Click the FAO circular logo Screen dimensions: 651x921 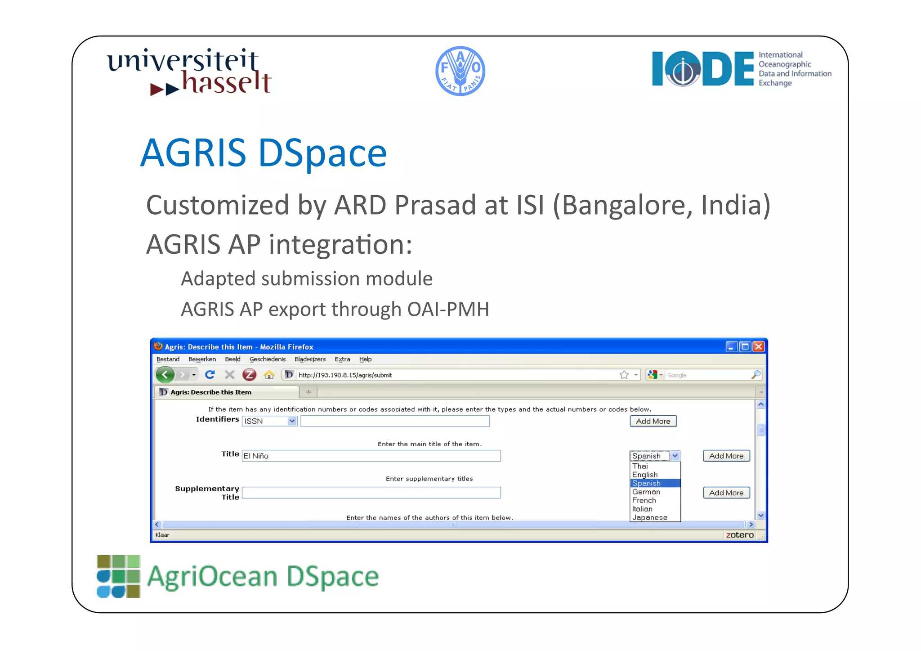click(460, 71)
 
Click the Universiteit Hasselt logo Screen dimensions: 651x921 click(189, 72)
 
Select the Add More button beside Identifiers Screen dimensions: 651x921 click(653, 421)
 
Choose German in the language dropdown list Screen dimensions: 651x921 click(646, 492)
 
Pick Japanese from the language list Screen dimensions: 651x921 click(649, 517)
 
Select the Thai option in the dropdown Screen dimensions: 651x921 click(640, 466)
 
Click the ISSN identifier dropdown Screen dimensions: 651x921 click(269, 421)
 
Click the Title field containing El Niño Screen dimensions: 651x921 click(371, 456)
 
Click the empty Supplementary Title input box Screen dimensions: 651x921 click(371, 493)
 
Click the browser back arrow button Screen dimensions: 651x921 click(165, 374)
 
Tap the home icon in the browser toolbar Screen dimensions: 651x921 click(269, 375)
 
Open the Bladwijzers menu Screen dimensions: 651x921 click(310, 359)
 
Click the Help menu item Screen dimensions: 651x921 click(365, 359)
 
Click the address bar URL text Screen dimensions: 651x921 click(345, 375)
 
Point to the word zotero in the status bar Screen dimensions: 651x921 click(739, 535)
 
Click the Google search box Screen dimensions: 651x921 click(706, 375)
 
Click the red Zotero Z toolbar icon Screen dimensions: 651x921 click(249, 375)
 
